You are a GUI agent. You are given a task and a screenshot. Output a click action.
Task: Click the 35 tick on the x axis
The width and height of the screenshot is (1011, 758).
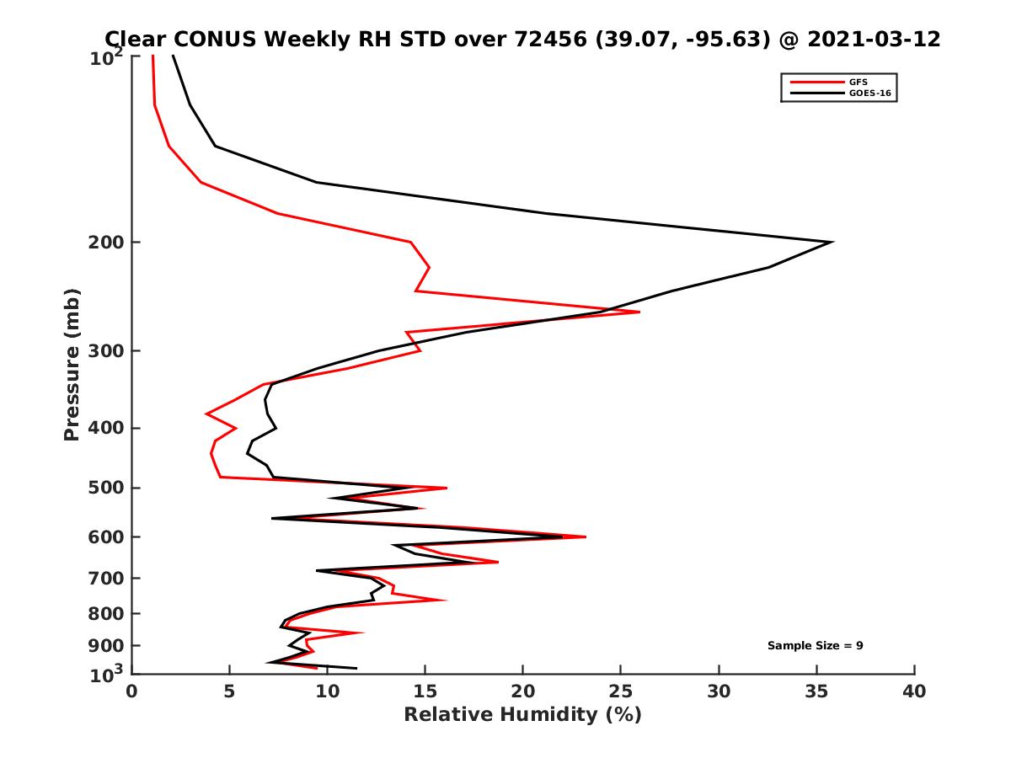click(x=816, y=691)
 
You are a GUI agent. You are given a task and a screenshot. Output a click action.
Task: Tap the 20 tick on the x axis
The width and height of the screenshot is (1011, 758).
click(x=523, y=691)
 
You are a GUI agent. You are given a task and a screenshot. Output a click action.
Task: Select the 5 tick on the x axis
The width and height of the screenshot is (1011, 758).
click(x=229, y=691)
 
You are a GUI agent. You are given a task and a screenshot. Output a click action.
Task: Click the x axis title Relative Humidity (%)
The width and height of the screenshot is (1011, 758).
click(x=522, y=715)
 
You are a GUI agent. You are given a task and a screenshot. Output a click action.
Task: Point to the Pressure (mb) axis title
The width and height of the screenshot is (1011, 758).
click(x=72, y=364)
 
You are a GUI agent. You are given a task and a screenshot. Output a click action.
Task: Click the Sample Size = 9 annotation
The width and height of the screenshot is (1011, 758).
click(x=815, y=646)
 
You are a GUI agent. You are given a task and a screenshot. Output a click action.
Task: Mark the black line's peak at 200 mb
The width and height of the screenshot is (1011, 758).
click(x=832, y=243)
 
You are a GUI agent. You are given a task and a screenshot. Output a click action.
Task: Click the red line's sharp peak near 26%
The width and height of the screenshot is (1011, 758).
click(x=639, y=312)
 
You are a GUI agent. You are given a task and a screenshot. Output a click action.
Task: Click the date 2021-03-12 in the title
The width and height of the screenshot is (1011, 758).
click(x=872, y=39)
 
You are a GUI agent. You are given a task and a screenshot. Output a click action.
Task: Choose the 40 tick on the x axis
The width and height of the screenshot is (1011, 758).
click(x=914, y=691)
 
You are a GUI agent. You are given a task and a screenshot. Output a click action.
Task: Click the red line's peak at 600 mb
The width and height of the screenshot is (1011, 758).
click(x=586, y=536)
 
